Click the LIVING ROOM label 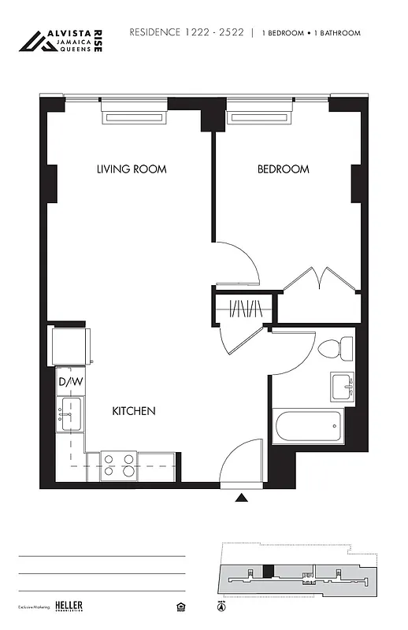(x=132, y=169)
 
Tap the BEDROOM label (x=283, y=169)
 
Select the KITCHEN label (x=133, y=411)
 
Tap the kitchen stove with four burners (x=118, y=467)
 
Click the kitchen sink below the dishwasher (x=69, y=413)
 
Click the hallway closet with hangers (x=243, y=308)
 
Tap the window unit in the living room (x=134, y=118)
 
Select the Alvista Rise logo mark (x=35, y=42)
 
